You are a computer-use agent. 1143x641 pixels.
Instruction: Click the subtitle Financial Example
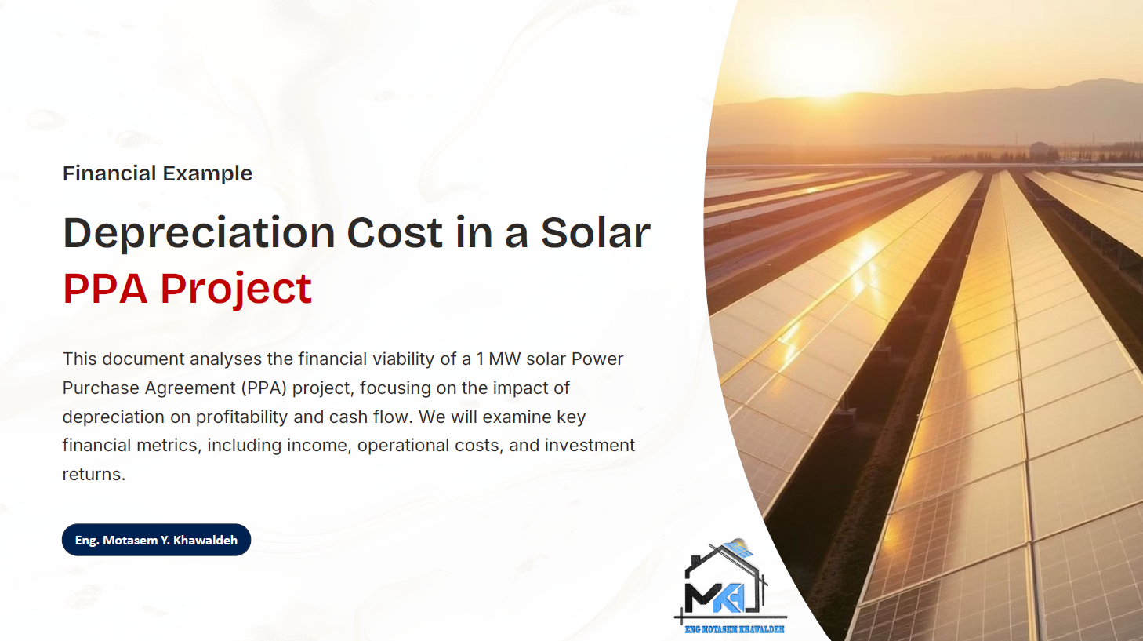coord(157,173)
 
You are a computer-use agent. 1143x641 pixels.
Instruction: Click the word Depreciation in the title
coord(199,233)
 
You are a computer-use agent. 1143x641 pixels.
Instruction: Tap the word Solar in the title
coord(595,233)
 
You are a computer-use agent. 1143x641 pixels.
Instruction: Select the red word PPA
coord(105,289)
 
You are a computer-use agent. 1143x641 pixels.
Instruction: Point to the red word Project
coord(236,289)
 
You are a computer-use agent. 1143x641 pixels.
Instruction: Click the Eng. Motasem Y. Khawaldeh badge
coord(156,540)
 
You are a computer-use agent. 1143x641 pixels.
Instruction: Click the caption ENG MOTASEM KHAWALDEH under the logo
coord(734,629)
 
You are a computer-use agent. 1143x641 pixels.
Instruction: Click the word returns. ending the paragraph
coord(93,475)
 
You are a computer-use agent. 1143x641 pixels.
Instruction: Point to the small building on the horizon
coord(1041,149)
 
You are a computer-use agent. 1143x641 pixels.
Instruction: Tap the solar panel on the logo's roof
coord(738,548)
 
